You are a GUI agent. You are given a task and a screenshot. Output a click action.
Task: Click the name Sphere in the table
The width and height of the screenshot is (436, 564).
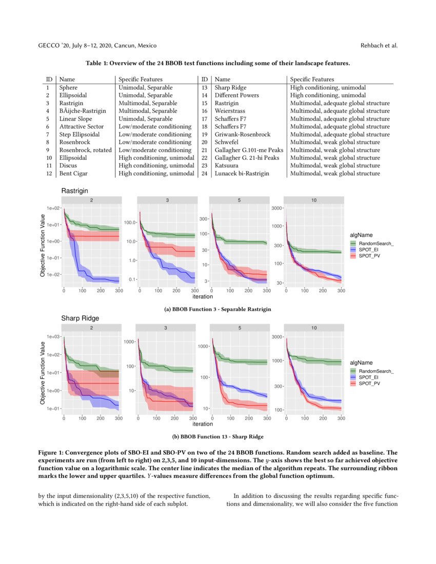tap(69, 88)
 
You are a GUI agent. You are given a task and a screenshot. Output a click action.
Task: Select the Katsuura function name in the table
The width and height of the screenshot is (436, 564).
tap(226, 166)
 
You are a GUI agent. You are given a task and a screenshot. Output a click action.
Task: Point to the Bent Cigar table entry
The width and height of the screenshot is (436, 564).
tap(73, 173)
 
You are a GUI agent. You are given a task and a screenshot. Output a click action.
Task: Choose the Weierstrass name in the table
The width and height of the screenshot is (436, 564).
tap(229, 111)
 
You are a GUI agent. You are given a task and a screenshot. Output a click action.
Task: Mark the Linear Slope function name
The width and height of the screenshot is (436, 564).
tap(76, 119)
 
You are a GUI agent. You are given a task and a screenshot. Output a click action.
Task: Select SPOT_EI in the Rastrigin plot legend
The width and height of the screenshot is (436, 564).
tap(369, 249)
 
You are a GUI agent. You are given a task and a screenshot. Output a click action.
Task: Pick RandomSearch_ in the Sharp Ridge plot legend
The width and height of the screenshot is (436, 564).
tap(376, 371)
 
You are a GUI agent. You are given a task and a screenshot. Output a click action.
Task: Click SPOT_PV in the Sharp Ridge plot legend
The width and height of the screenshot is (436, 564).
tap(369, 383)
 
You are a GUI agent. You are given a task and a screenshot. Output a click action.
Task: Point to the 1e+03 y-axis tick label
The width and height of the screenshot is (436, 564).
tap(53, 337)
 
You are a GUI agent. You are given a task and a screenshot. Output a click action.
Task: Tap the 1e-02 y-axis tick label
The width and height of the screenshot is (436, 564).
tap(53, 275)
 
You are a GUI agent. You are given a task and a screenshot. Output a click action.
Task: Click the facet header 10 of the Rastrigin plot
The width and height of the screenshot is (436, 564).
tap(313, 200)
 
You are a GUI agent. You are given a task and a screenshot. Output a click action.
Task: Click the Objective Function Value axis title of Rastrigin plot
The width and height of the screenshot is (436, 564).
tap(42, 246)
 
